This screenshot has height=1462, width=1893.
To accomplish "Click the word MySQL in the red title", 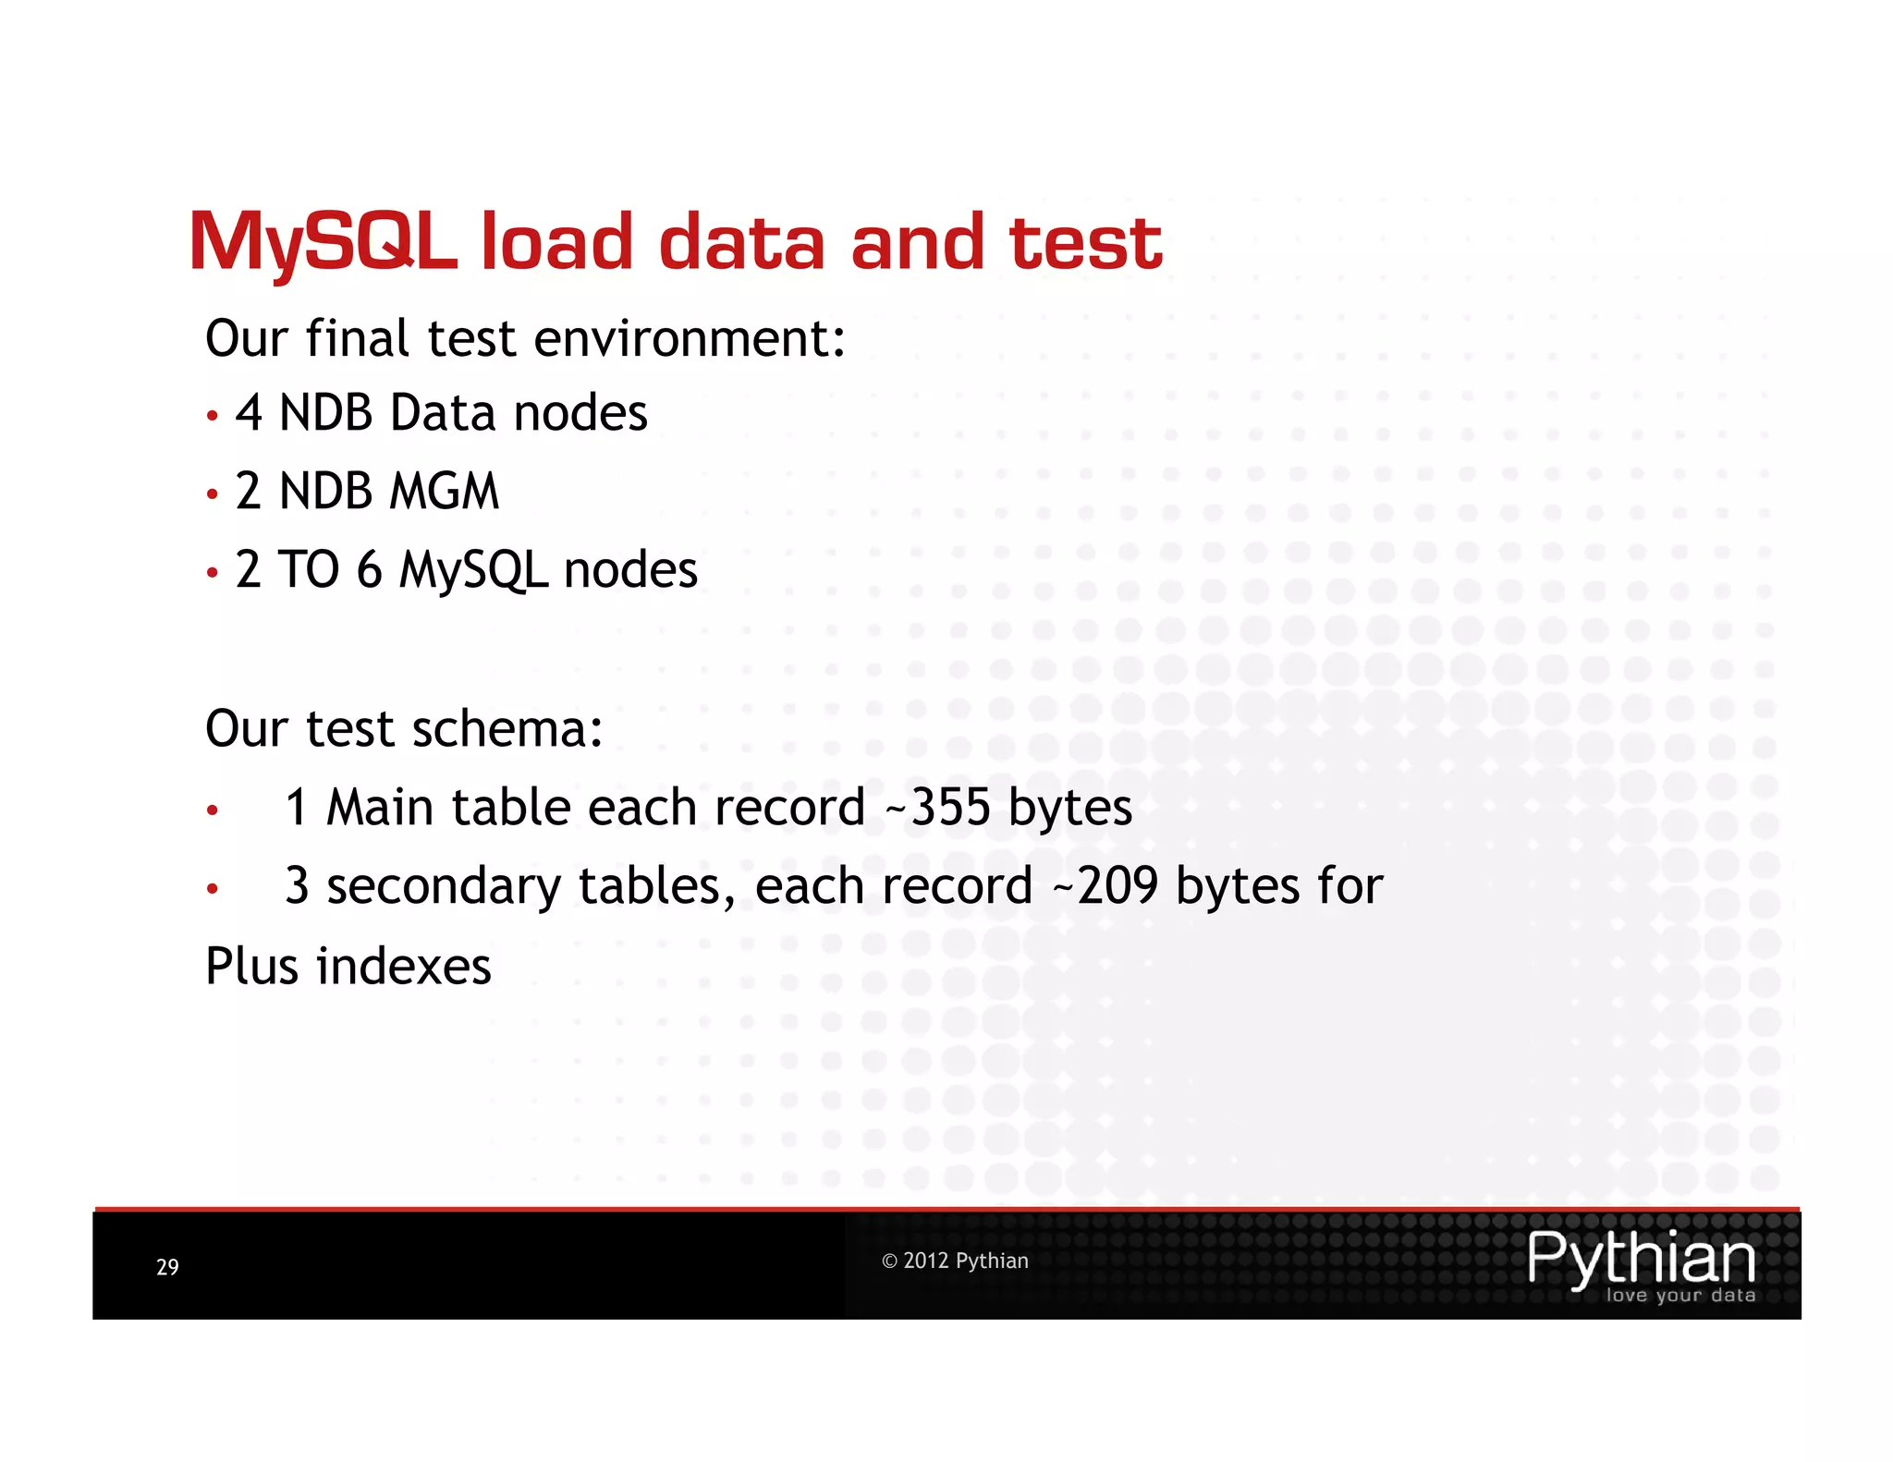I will (x=323, y=242).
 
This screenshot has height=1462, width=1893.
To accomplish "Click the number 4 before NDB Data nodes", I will (x=249, y=412).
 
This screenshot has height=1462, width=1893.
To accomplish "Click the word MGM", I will (x=444, y=491).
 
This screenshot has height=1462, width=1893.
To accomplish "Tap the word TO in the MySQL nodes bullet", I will (x=309, y=569).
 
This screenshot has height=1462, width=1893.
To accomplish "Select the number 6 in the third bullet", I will (x=369, y=569).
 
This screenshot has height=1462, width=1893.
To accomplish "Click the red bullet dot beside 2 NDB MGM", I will (x=213, y=494).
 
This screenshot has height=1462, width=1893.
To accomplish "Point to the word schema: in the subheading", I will (x=507, y=729).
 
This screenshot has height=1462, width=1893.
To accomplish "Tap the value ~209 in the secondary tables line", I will (x=1105, y=885).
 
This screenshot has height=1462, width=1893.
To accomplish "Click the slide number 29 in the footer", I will (x=167, y=1267).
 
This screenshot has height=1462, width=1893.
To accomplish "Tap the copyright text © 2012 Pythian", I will (x=955, y=1261).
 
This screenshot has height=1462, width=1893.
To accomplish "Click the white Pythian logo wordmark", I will (x=1641, y=1258).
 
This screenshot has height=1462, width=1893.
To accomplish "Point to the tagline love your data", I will (x=1680, y=1296).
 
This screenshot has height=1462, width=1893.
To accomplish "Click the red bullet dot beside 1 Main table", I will (x=213, y=810).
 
